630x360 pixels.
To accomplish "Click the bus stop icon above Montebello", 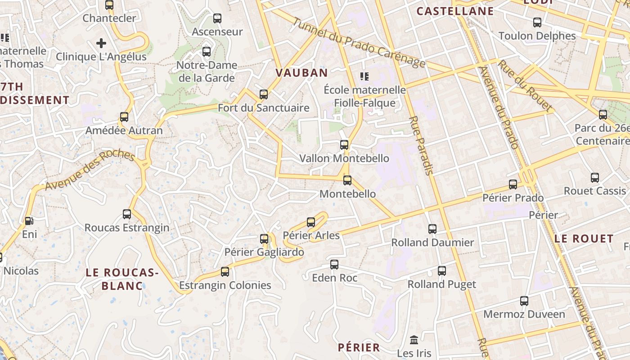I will [347, 180].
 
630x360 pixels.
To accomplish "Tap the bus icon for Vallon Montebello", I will [344, 145].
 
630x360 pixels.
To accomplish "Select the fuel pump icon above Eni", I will [29, 220].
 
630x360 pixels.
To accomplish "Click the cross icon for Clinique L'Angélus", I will [101, 43].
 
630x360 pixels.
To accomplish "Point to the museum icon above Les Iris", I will [414, 340].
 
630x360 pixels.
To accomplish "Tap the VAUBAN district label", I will [301, 72].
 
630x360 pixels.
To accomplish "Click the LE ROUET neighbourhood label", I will [584, 238].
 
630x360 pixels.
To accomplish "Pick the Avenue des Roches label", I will [90, 170].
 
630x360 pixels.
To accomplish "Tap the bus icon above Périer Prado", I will [513, 184].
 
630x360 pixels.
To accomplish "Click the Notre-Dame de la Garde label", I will [207, 72].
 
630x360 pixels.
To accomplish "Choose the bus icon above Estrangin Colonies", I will [225, 272].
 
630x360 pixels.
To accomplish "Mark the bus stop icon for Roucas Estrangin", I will [127, 214].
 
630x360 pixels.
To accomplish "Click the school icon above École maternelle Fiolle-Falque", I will [364, 76].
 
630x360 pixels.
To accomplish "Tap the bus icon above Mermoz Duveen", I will [524, 301].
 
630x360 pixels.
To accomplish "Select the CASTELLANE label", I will [455, 11].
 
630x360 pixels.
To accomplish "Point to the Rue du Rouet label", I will [525, 85].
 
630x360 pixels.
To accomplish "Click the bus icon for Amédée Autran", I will [124, 117].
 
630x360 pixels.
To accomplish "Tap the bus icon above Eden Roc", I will [334, 264].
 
